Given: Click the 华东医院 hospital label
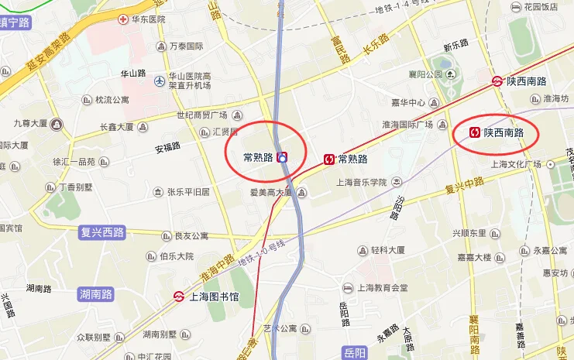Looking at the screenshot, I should point(148,19).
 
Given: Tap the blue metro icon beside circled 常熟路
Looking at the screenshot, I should point(283,157).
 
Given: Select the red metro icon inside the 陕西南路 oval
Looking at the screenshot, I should point(473,133).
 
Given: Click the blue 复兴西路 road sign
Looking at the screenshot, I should point(101,231).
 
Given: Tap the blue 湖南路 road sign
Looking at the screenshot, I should point(96,294).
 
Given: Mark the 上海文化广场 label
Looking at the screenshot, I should point(516,164).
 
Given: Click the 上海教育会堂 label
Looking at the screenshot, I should point(383,287).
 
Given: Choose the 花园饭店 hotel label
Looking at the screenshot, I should point(540,7).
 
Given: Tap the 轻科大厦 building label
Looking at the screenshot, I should point(387,250).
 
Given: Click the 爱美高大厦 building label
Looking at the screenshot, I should point(269,192).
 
